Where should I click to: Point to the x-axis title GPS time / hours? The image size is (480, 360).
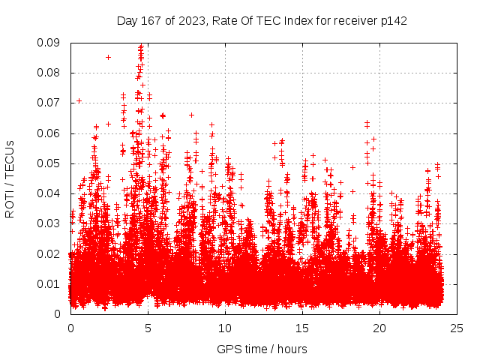tap(262, 349)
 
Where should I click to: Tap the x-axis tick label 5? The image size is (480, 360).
tap(148, 328)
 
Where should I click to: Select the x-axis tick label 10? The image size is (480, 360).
tap(225, 328)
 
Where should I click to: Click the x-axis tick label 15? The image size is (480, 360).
tap(302, 328)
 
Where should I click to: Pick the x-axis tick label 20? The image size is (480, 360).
tap(379, 328)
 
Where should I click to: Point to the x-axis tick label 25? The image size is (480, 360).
tap(457, 328)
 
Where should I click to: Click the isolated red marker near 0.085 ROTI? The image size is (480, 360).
tap(108, 57)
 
